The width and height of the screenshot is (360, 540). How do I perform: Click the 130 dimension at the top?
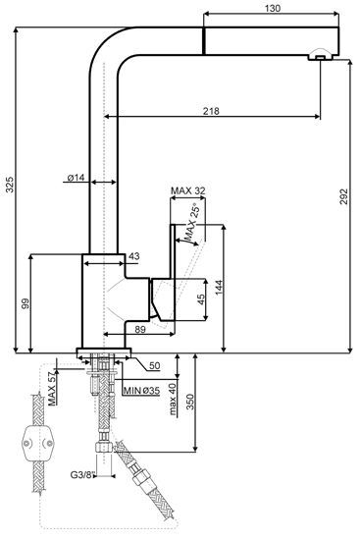tap(273, 8)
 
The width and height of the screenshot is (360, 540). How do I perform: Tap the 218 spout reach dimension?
tap(211, 111)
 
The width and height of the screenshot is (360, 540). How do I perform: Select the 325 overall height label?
tap(10, 185)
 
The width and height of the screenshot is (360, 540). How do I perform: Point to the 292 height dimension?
tap(344, 196)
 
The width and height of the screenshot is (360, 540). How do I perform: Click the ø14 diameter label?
tap(76, 178)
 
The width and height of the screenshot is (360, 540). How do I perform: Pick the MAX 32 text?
tap(188, 190)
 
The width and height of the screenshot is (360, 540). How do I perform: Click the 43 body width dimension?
tap(134, 256)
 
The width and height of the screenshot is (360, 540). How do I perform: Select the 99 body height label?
tap(26, 303)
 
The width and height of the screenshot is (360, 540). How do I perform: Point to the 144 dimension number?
tap(219, 288)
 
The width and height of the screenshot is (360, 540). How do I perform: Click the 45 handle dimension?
tap(201, 299)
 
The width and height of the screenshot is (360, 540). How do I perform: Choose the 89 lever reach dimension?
tap(140, 329)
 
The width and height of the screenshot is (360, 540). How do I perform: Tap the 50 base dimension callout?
tap(155, 365)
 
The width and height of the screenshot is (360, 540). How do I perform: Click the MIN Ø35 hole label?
tap(141, 391)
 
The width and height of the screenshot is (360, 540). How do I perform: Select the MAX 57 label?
tap(52, 389)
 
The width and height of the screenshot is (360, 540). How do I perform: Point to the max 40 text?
tap(173, 399)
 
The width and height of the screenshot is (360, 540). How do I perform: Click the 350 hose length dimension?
tap(190, 402)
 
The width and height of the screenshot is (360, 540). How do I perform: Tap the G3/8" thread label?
tap(82, 475)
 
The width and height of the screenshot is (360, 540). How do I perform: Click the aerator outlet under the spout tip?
tap(320, 55)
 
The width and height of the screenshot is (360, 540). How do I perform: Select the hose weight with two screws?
tap(38, 443)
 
